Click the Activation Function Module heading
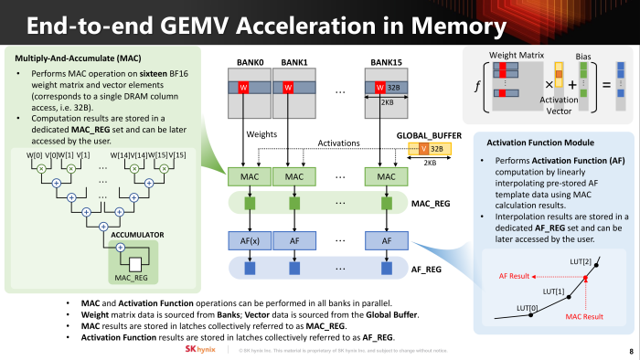click(542, 143)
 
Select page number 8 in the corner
click(630, 350)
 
